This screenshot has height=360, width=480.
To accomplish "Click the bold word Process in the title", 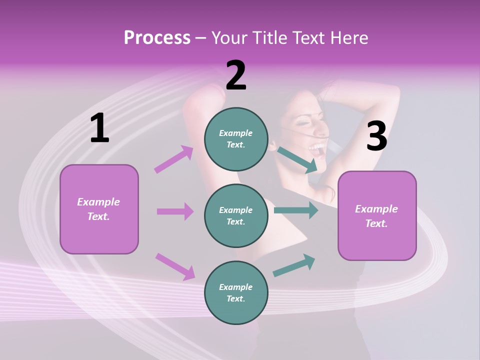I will [157, 38].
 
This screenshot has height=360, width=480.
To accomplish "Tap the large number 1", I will [99, 128].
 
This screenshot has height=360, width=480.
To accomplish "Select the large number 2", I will [236, 75].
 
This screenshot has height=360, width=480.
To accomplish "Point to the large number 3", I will [376, 136].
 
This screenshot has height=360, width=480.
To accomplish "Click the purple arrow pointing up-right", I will [174, 159].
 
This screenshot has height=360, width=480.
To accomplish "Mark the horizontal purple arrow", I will [175, 211].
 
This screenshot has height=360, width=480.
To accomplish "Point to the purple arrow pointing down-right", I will [175, 266].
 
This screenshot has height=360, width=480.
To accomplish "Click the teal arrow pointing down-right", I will [297, 160].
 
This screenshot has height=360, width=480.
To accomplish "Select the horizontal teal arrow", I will [296, 210].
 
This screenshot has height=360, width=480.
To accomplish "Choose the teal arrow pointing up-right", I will [294, 265].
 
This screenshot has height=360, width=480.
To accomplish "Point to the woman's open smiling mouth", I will [317, 147].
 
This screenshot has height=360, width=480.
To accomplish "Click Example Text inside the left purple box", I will [98, 209].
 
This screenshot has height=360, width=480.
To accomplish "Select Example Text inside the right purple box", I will [376, 216].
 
